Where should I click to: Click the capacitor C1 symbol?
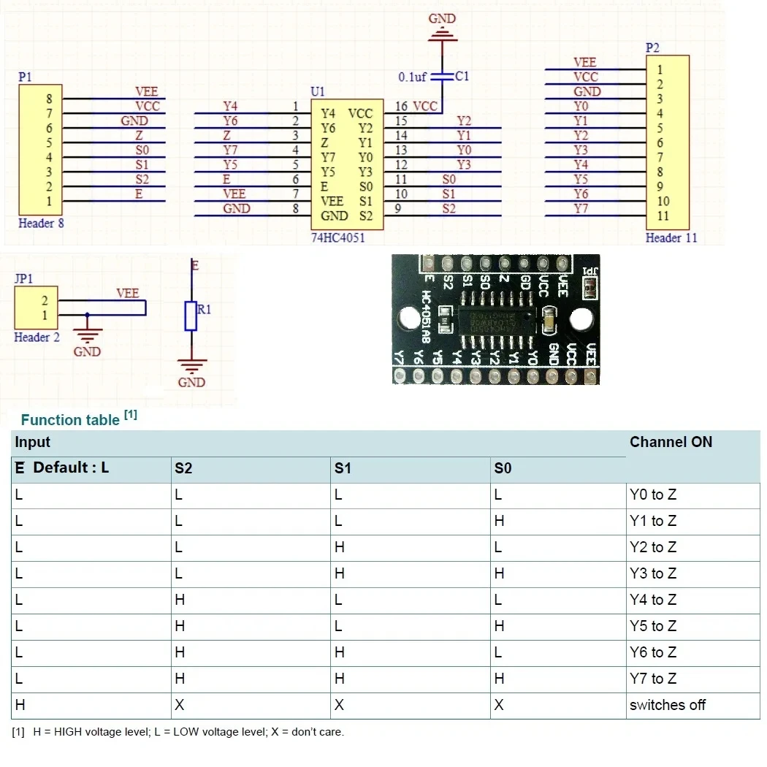click(x=441, y=76)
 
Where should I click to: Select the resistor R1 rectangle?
click(x=191, y=316)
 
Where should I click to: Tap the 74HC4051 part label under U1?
click(x=338, y=238)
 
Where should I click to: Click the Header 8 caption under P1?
click(x=41, y=223)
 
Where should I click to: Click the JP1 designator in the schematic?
click(x=23, y=278)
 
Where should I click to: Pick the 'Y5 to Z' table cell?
click(x=653, y=626)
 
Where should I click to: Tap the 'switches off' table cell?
click(x=667, y=705)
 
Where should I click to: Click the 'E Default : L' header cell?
click(x=62, y=468)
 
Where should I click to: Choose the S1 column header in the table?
click(x=343, y=468)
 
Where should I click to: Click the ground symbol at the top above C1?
click(x=443, y=32)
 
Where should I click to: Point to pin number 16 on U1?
click(x=401, y=107)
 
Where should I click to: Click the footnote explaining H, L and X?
click(x=178, y=731)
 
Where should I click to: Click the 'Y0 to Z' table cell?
click(x=653, y=495)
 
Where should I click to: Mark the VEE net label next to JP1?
click(x=128, y=293)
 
